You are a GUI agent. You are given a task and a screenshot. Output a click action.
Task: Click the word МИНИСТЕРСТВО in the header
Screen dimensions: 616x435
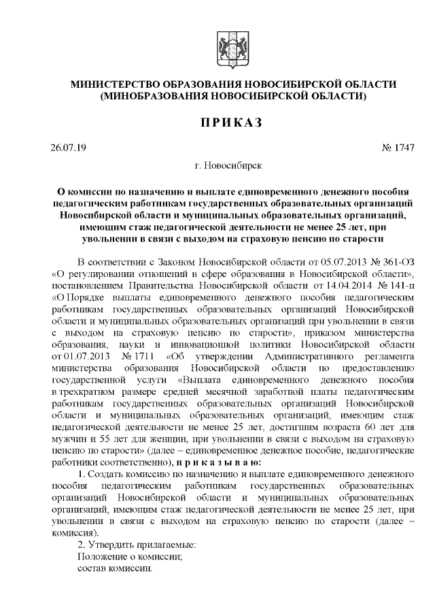[x=115, y=84]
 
